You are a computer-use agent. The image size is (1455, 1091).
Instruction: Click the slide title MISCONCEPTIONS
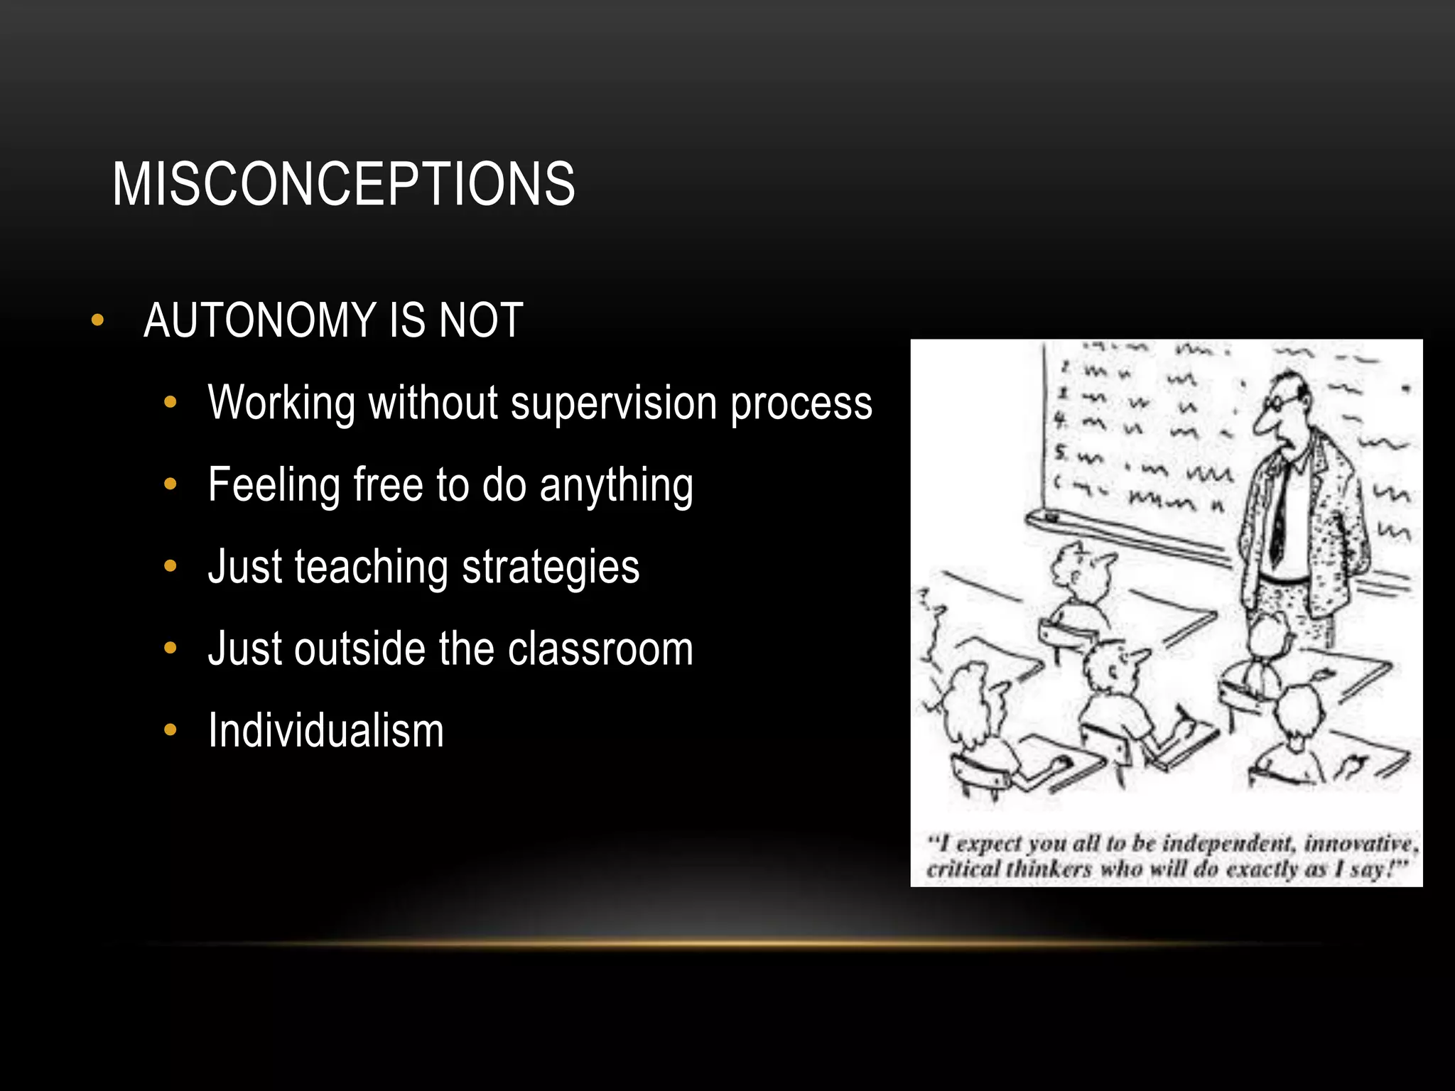click(343, 184)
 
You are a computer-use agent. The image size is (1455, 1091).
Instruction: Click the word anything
click(616, 486)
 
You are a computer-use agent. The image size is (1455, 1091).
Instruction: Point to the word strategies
click(551, 568)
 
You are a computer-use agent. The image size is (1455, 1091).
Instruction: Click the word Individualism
click(326, 731)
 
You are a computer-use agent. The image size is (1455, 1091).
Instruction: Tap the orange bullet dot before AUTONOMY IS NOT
click(98, 320)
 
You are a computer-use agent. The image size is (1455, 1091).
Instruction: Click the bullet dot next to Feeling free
click(170, 485)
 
